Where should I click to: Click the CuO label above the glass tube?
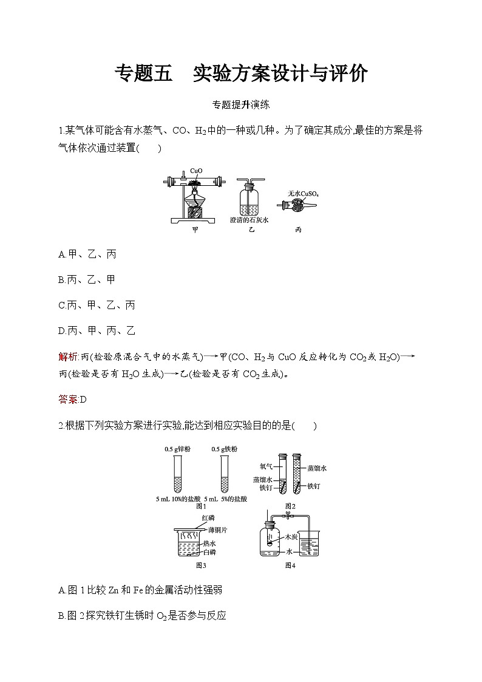[x=196, y=171]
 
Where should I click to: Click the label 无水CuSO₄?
[x=304, y=194]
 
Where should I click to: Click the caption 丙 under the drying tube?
[x=298, y=230]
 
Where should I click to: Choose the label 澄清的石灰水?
[x=249, y=220]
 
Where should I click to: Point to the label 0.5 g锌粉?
[x=177, y=449]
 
